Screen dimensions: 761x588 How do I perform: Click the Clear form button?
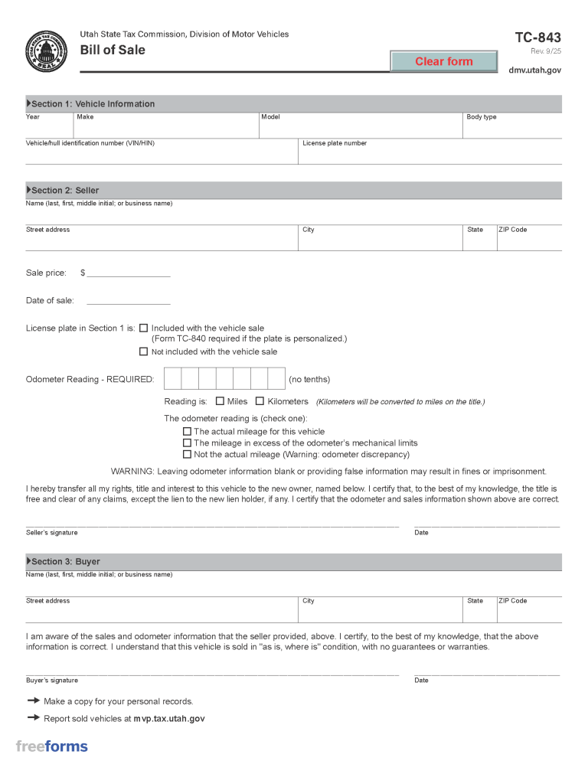click(444, 61)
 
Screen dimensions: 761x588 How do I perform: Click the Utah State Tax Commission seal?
click(47, 51)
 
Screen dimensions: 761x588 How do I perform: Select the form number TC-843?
click(537, 38)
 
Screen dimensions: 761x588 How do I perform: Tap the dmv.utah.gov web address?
click(535, 70)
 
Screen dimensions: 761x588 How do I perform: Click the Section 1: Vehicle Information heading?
click(92, 104)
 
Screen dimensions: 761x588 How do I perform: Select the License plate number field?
click(429, 155)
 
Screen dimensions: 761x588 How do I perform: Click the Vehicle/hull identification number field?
click(161, 155)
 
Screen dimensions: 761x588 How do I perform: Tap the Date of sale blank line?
click(129, 300)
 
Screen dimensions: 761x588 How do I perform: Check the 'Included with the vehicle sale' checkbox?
click(143, 328)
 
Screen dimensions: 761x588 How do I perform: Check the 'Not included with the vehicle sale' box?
click(143, 351)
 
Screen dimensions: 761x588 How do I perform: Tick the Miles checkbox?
click(220, 401)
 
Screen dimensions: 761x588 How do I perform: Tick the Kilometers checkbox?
click(260, 401)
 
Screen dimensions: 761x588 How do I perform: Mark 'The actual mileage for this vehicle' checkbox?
click(187, 431)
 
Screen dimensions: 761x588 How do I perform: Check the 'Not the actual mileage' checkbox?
click(187, 454)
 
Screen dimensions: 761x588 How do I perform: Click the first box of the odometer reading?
click(173, 379)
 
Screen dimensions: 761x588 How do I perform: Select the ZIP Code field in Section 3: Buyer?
click(528, 612)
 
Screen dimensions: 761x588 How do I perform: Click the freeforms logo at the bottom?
click(52, 746)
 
